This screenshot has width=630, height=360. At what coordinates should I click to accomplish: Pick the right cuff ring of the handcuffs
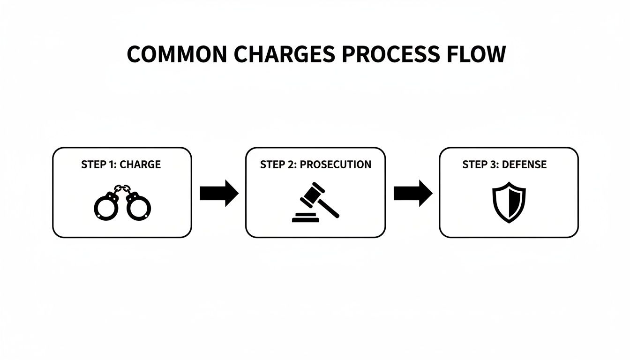(x=139, y=207)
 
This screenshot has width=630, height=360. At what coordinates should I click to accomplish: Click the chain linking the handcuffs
(x=122, y=188)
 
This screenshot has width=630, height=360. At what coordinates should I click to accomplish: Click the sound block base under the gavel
(x=305, y=218)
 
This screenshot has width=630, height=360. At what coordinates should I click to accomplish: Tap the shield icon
(x=509, y=202)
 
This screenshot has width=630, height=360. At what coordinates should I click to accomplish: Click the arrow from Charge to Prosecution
(x=219, y=193)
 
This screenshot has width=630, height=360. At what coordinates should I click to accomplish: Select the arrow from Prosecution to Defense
(x=412, y=193)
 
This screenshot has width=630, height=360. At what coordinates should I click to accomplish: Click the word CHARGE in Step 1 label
(x=140, y=165)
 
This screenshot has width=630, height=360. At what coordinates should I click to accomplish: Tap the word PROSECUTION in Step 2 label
(x=335, y=165)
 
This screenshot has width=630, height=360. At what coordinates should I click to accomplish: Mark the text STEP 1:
(x=99, y=165)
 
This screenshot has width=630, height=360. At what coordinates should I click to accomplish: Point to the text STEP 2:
(x=278, y=165)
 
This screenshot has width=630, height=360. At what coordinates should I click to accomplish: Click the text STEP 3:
(x=480, y=165)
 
